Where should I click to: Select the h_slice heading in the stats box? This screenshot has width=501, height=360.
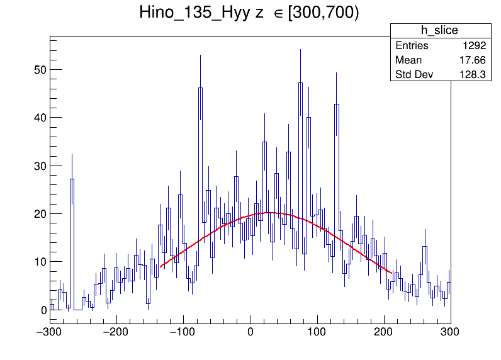coord(439,30)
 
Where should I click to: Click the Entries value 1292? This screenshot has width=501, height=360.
coord(473,46)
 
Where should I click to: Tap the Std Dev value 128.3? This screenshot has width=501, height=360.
coord(473,75)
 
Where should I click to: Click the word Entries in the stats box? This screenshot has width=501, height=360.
coord(412,46)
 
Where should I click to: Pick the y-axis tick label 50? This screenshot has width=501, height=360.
coord(39,69)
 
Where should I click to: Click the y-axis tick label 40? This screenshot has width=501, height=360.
coord(39,118)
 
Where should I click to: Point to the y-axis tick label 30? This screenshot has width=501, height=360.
coord(39,166)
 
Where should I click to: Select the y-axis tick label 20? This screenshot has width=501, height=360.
coord(39,214)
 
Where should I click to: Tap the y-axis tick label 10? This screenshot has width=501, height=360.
coord(39,262)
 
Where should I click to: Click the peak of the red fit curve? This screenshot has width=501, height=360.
coord(269,213)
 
